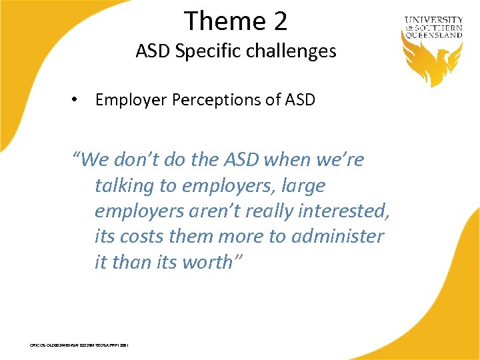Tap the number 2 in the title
pyautogui.click(x=279, y=21)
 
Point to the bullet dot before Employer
pyautogui.click(x=78, y=100)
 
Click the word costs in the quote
pyautogui.click(x=143, y=236)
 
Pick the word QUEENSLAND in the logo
pyautogui.click(x=433, y=35)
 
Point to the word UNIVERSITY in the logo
pyautogui.click(x=433, y=21)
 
